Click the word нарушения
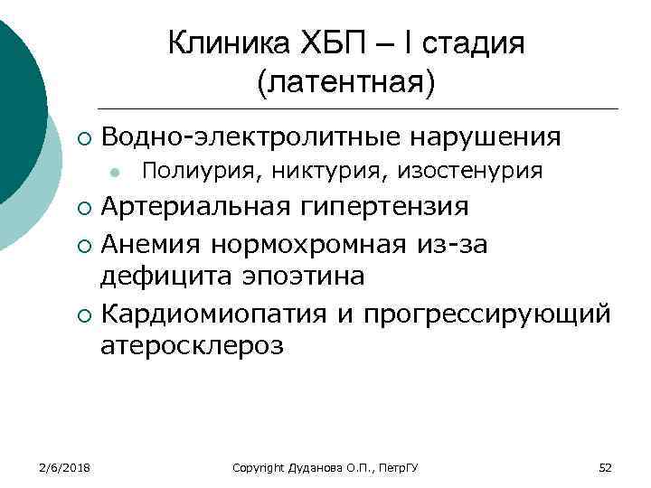click(486, 137)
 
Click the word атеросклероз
click(193, 346)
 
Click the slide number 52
click(606, 467)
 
